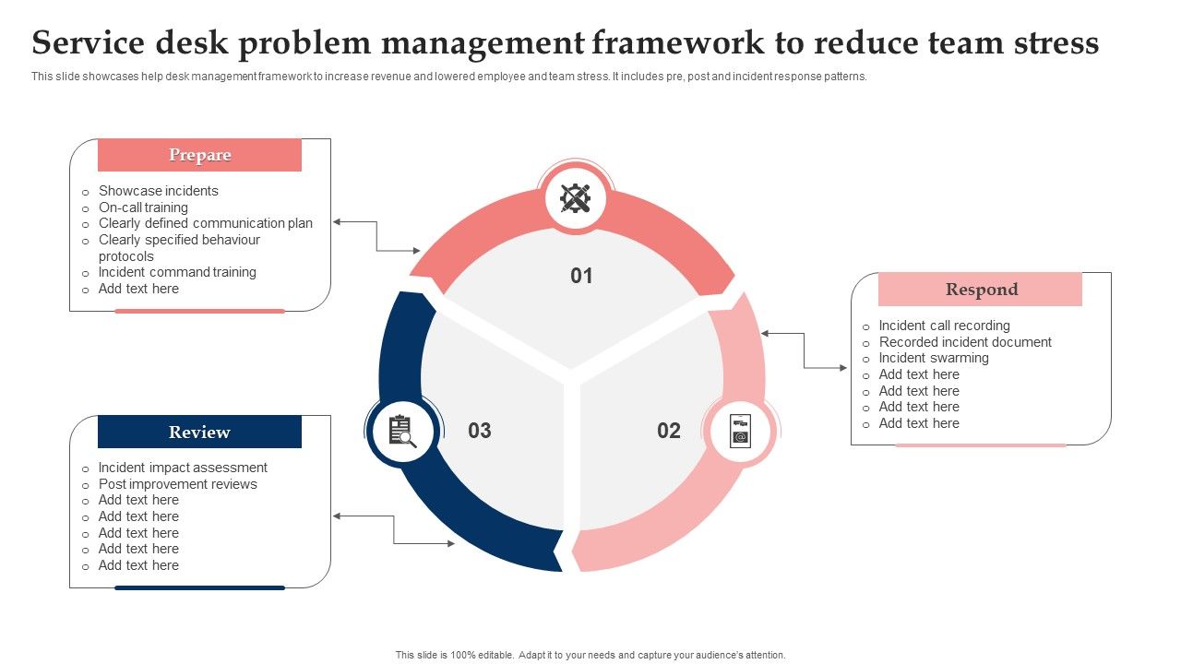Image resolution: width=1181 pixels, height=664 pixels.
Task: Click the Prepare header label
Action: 199,155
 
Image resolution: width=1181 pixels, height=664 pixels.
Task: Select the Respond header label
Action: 981,290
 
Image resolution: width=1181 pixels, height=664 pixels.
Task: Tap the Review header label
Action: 199,432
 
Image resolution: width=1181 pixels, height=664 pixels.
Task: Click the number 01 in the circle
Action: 581,276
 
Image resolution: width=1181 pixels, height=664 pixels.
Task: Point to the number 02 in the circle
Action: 669,431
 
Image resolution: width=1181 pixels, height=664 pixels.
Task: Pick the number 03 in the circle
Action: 480,431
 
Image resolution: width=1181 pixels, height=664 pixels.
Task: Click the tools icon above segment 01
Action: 576,198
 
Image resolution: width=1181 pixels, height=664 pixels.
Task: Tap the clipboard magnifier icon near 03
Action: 401,431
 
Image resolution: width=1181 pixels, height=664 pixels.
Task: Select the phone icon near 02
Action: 740,431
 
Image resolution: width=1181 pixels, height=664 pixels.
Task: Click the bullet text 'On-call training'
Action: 143,207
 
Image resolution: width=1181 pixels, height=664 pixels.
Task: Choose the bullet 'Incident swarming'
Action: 933,358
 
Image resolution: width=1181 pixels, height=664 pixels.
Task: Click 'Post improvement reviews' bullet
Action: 177,484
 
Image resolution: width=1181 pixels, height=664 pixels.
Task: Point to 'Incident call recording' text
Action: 944,326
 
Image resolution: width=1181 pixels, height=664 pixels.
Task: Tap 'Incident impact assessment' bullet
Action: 183,468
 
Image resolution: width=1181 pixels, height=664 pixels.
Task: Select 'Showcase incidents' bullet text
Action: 158,191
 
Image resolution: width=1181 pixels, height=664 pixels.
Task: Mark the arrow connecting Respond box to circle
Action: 805,350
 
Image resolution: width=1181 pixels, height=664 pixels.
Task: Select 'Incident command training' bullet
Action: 177,272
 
